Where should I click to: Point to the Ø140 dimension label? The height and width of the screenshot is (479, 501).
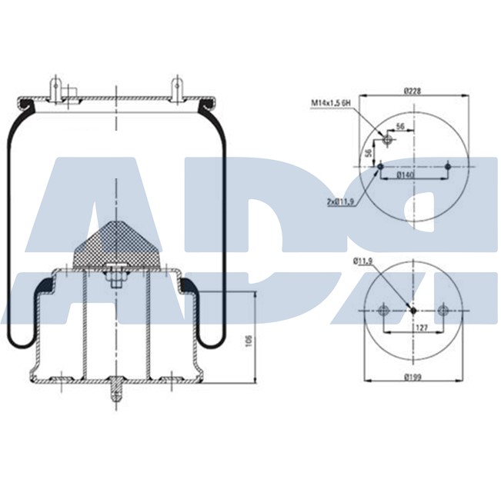pyautogui.click(x=406, y=175)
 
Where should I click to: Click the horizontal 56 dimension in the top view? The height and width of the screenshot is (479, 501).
pyautogui.click(x=400, y=125)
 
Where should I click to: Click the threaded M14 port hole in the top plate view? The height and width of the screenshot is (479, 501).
pyautogui.click(x=387, y=141)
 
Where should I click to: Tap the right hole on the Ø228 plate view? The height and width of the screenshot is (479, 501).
pyautogui.click(x=448, y=166)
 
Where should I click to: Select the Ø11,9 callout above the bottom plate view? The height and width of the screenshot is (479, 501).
pyautogui.click(x=363, y=262)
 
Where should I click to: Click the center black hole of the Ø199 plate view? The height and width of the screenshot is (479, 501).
pyautogui.click(x=413, y=311)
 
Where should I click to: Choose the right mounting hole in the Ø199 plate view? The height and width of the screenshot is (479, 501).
pyautogui.click(x=443, y=311)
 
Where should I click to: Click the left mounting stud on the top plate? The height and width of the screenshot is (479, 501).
pyautogui.click(x=56, y=86)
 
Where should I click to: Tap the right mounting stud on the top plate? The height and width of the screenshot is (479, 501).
pyautogui.click(x=176, y=86)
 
